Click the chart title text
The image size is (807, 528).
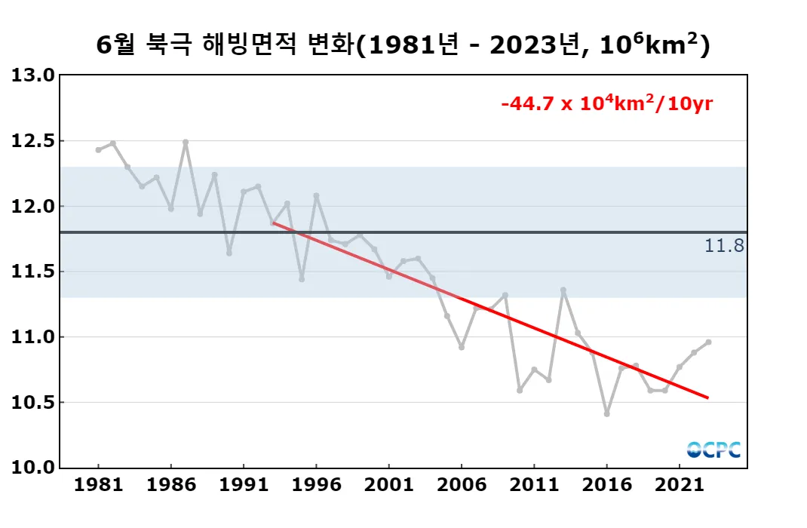click(403, 45)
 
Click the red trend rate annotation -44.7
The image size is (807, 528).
click(607, 104)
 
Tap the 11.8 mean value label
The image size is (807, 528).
click(724, 245)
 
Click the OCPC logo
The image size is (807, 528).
click(713, 450)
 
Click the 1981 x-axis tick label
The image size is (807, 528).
click(98, 484)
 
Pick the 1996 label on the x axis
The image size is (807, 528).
click(316, 484)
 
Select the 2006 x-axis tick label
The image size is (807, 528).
click(462, 484)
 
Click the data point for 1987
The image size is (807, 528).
click(186, 142)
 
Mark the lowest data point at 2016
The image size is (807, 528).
click(606, 414)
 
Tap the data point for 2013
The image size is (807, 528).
click(563, 290)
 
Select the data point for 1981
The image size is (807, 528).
click(98, 150)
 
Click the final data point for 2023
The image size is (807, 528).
click(708, 342)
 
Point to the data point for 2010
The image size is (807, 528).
click(520, 390)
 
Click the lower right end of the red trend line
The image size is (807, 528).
click(707, 398)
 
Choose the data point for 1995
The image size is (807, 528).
click(302, 279)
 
